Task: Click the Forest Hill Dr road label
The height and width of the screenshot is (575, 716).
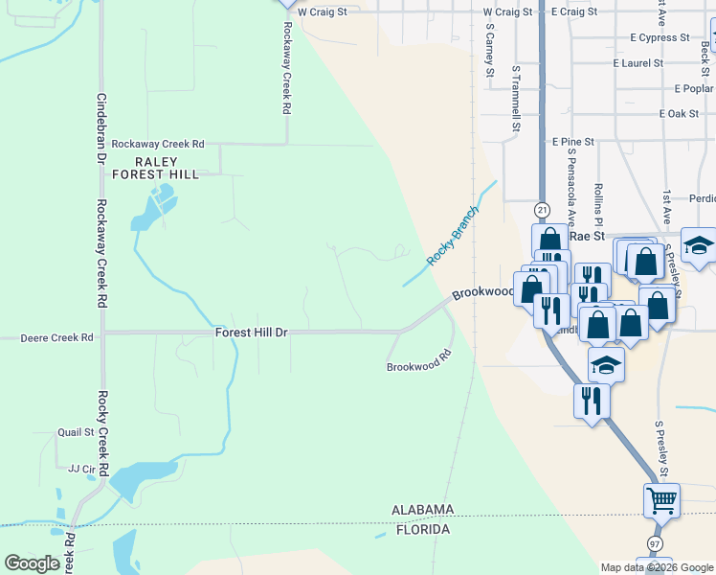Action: [252, 333]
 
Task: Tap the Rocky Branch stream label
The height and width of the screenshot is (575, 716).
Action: [452, 240]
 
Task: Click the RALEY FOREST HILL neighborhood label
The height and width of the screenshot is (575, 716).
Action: [155, 169]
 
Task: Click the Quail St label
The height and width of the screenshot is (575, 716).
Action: [76, 432]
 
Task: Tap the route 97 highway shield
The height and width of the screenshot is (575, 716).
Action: [656, 543]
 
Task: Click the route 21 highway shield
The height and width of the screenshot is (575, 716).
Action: [542, 209]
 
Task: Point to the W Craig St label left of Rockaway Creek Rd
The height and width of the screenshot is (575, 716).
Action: [322, 12]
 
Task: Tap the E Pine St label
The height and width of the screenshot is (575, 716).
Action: [573, 141]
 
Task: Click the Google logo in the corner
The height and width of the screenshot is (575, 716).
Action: [33, 563]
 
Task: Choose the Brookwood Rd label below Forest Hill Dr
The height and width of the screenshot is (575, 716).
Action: [418, 365]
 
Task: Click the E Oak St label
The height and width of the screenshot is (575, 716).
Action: [679, 114]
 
